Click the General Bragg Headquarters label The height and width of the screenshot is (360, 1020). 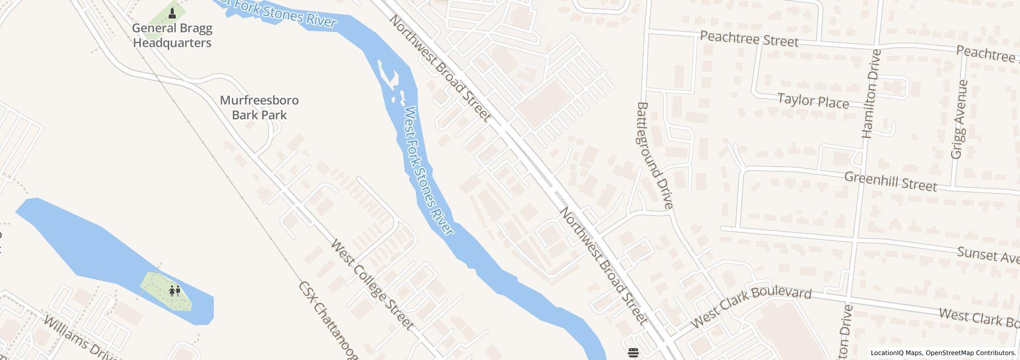[172, 35]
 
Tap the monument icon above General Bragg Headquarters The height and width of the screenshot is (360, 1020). [172, 12]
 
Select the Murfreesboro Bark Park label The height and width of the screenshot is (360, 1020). [259, 107]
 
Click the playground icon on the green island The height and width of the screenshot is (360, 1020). [175, 291]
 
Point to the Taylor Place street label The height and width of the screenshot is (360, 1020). [813, 101]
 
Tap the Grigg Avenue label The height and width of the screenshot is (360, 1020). [959, 119]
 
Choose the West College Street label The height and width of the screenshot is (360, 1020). [372, 284]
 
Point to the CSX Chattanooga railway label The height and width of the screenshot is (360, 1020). [328, 321]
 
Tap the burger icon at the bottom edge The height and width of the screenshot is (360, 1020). [633, 352]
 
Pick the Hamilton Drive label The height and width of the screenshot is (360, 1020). [871, 94]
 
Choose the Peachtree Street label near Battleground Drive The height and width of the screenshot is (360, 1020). [749, 39]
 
